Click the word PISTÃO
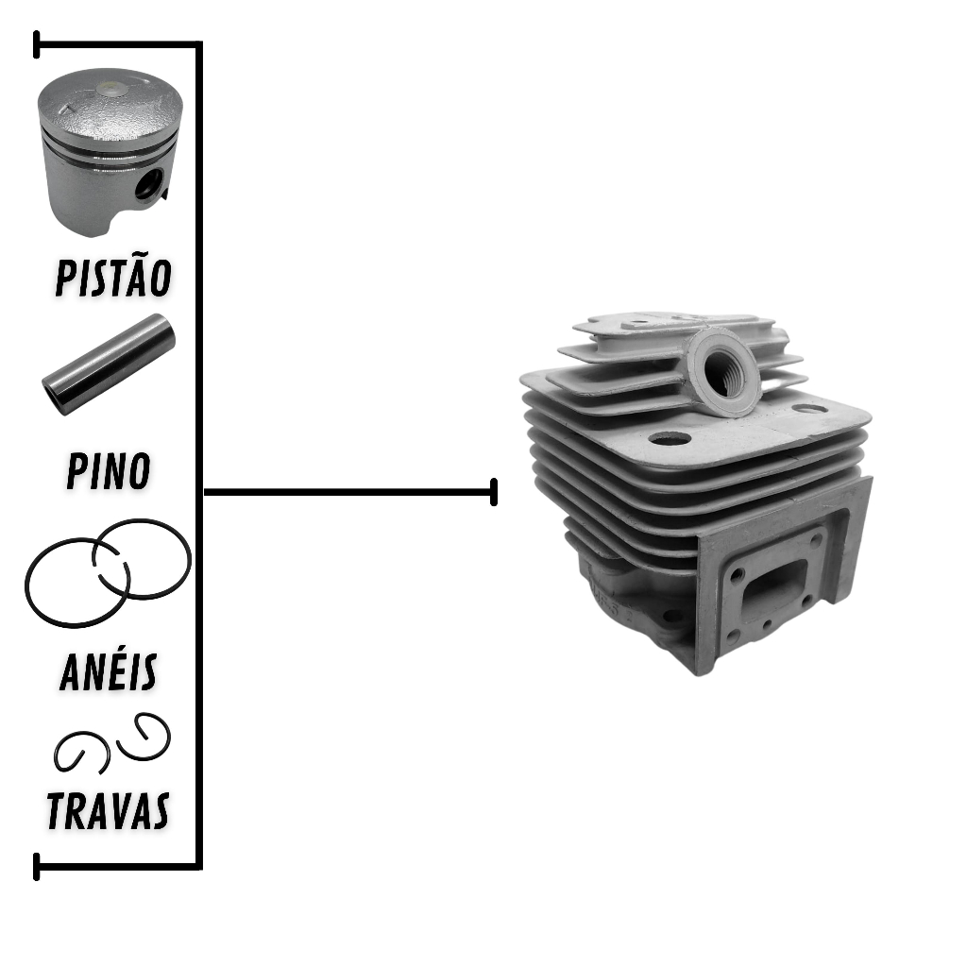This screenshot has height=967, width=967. tap(113, 277)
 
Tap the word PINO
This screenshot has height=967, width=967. tap(109, 471)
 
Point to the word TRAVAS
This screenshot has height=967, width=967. tap(108, 810)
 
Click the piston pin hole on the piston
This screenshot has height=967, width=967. tap(149, 184)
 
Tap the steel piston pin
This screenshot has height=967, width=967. tap(109, 365)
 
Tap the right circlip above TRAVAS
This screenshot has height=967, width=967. tap(144, 737)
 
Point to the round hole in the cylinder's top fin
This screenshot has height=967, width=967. tap(670, 439)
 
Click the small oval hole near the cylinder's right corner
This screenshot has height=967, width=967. tap(808, 408)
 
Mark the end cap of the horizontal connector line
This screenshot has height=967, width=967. tap(494, 491)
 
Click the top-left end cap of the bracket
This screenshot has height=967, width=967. tap(37, 44)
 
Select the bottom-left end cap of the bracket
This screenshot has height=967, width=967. tap(37, 867)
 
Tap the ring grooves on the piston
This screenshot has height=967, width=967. tap(109, 143)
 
